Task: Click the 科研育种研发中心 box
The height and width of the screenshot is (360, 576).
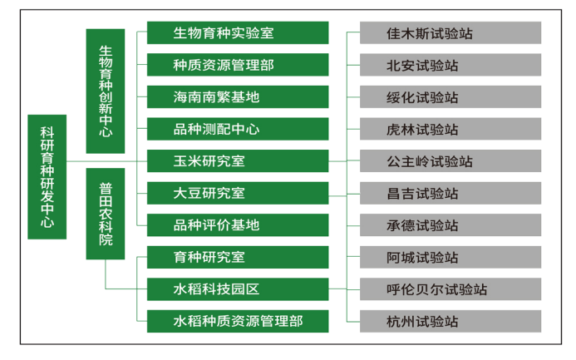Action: point(47,177)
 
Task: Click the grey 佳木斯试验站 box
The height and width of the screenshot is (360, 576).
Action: point(450,33)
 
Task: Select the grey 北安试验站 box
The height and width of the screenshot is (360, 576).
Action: point(450,65)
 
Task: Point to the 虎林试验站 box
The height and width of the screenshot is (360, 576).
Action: point(450,129)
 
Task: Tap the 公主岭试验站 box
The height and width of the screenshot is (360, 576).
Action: point(450,161)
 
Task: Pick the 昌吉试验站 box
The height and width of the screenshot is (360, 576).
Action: point(450,193)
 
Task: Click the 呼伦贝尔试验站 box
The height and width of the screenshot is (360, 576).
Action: point(450,289)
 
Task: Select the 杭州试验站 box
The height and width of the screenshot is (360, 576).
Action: point(450,321)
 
